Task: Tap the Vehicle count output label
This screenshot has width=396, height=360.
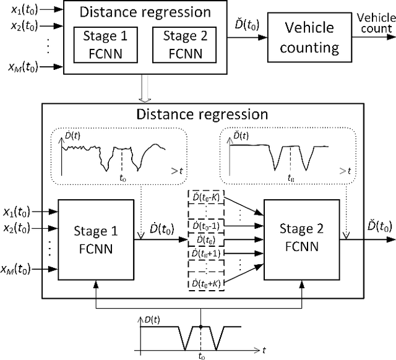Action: coord(374,24)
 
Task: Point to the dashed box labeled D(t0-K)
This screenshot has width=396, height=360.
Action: coord(206,197)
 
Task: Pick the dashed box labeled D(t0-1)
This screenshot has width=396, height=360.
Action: coord(206,225)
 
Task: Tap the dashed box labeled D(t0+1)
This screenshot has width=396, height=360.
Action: coord(206,253)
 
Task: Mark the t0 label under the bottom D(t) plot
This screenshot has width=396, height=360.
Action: coord(201,355)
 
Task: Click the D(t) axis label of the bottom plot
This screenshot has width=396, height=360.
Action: coord(152,318)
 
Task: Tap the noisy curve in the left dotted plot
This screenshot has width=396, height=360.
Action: coord(111,152)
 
